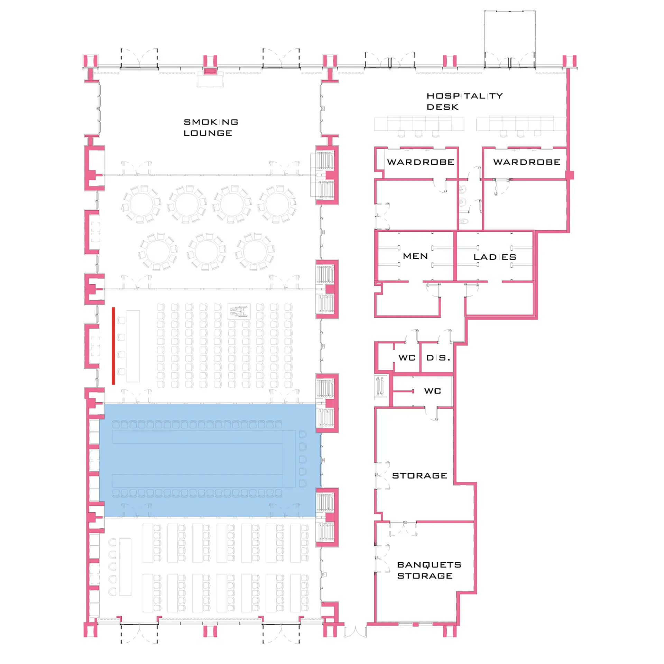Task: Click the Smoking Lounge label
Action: [211, 127]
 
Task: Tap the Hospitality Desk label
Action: [464, 101]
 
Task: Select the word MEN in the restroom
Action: [415, 256]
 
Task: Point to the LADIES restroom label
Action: [495, 257]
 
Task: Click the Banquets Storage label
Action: [429, 570]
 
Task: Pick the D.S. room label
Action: [438, 358]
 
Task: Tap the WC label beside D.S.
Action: [407, 358]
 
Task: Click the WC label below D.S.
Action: [432, 391]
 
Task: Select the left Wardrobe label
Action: [421, 162]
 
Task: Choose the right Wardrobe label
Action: [527, 162]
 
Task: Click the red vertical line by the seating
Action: [113, 346]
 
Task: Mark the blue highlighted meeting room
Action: [210, 460]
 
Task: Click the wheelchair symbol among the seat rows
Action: [239, 311]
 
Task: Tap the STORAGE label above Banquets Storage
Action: [419, 476]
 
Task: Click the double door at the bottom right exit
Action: [355, 631]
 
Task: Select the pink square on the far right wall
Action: [570, 175]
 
